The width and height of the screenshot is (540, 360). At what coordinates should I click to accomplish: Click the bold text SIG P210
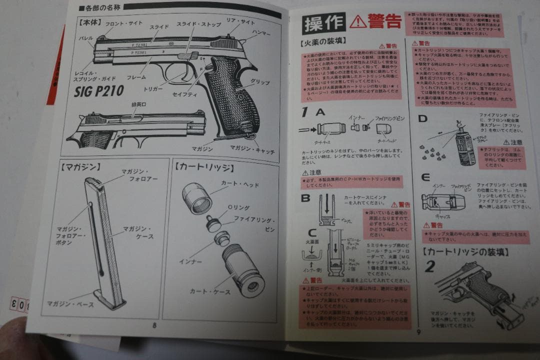click(x=99, y=91)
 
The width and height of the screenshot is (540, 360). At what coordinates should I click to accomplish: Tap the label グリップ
click(x=260, y=82)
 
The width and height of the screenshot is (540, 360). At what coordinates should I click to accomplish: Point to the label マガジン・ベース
click(x=70, y=303)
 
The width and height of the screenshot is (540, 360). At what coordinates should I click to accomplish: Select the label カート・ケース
click(x=209, y=290)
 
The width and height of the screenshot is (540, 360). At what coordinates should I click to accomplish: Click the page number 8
click(x=154, y=324)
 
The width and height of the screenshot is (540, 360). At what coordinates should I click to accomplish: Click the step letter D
click(x=422, y=118)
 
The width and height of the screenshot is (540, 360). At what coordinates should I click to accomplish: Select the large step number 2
click(x=431, y=266)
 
